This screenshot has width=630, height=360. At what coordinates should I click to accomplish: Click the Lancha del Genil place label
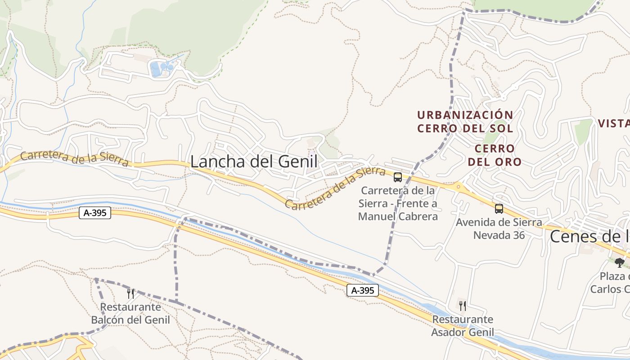click(x=254, y=162)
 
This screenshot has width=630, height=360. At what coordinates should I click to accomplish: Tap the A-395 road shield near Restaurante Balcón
click(x=95, y=213)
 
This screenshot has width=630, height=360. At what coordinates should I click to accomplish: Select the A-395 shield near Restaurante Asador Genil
click(x=363, y=291)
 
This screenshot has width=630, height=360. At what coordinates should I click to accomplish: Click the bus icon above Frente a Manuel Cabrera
click(x=398, y=177)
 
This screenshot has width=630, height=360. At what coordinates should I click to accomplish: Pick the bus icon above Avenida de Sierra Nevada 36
click(x=499, y=208)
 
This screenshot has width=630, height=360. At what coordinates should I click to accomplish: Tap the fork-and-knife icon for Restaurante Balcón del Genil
click(x=130, y=294)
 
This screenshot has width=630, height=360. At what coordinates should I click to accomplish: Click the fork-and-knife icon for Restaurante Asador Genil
click(x=463, y=306)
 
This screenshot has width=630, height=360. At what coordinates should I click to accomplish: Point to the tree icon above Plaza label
click(x=620, y=262)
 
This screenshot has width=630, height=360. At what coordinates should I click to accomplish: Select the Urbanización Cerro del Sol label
click(x=465, y=121)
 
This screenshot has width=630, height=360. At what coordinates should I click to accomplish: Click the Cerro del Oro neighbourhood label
click(x=495, y=155)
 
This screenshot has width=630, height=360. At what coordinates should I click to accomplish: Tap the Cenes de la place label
click(x=589, y=236)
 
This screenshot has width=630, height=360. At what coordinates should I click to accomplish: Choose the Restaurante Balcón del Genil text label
click(x=130, y=314)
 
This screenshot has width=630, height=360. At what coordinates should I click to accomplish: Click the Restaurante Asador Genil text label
click(x=463, y=326)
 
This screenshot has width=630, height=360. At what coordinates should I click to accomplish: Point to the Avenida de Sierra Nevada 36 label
click(x=499, y=229)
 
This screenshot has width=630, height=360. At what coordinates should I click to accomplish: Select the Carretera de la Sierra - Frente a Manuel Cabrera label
click(x=398, y=203)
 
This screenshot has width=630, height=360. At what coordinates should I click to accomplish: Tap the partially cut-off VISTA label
click(x=614, y=123)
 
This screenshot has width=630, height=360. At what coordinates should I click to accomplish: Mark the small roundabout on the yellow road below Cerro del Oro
click(x=459, y=186)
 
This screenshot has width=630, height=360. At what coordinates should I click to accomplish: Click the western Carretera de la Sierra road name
click(x=74, y=159)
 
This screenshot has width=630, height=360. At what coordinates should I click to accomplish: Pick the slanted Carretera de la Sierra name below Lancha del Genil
click(x=335, y=189)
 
